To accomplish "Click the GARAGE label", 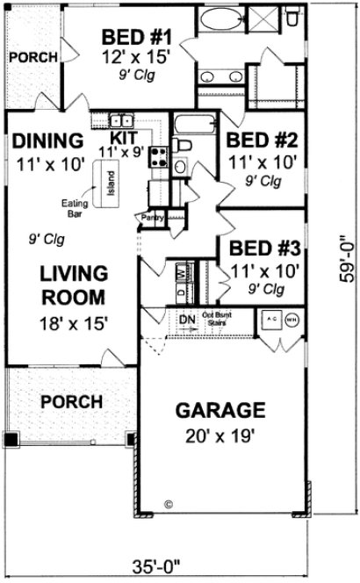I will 220,409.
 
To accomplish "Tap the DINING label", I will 47,141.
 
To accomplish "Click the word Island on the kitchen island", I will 112,188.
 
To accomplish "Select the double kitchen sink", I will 121,120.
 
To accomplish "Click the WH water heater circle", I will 291,320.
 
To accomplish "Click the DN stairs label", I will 185,320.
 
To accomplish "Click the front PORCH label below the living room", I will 71,401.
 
